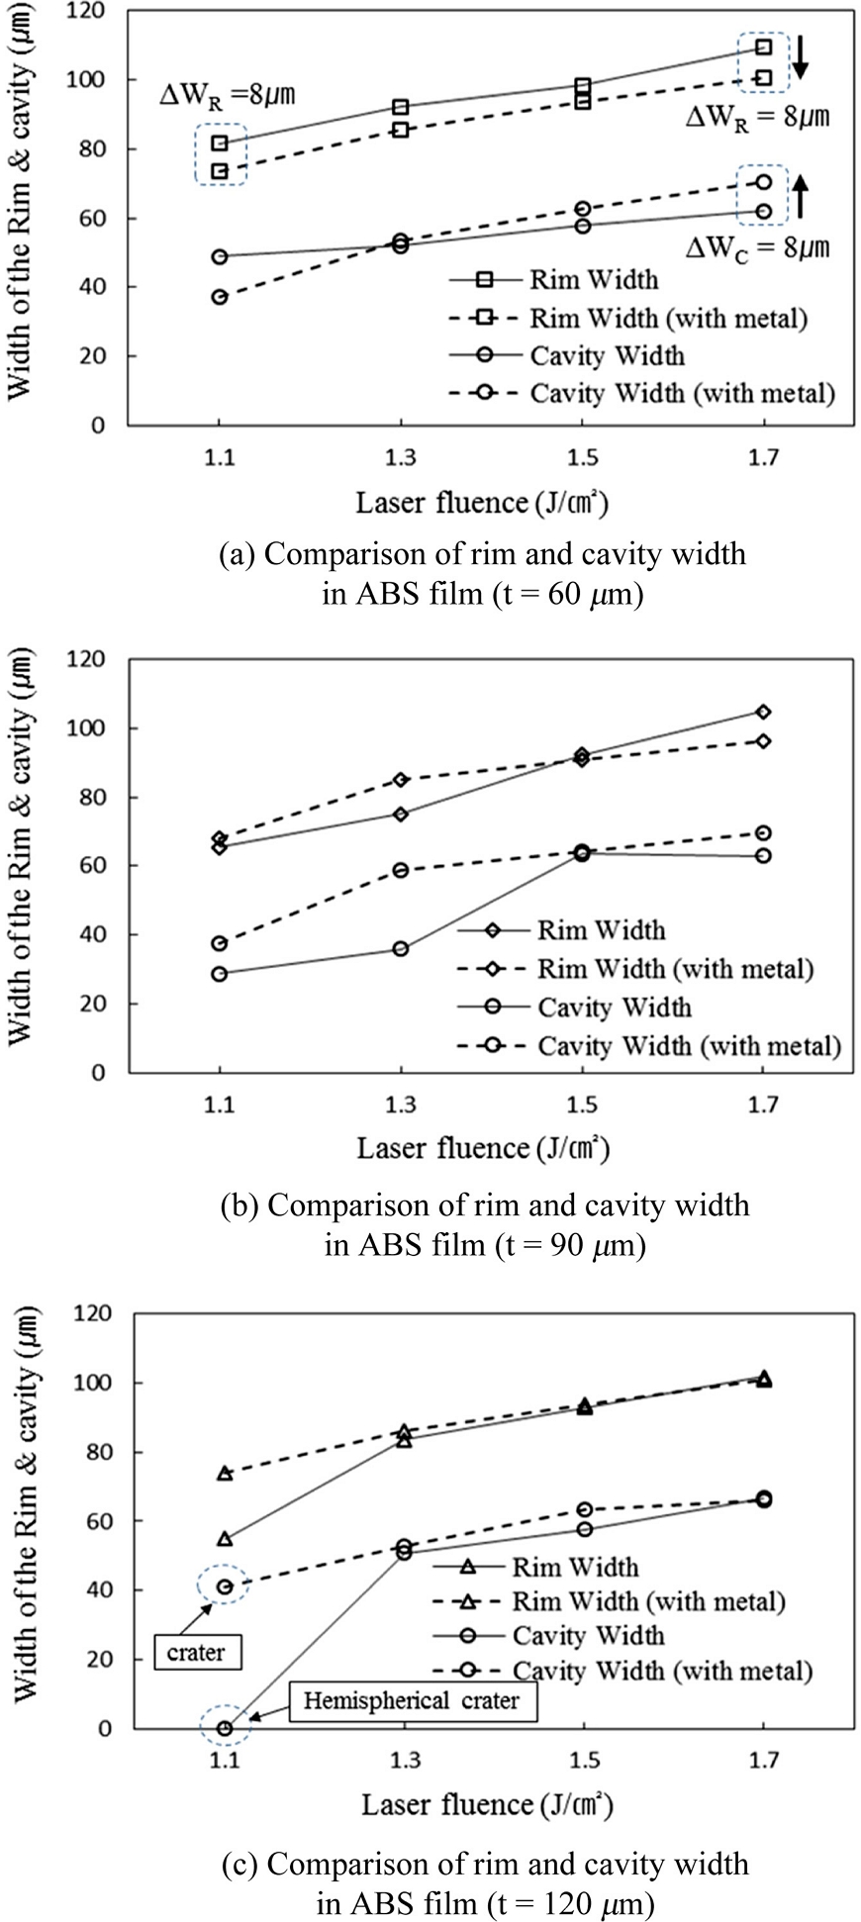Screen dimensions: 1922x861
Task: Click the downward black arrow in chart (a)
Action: point(801,56)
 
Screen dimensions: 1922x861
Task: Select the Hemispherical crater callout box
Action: point(411,1701)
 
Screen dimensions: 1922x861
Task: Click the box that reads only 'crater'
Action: point(196,1652)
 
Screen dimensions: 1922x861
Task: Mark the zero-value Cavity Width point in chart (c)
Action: point(225,1728)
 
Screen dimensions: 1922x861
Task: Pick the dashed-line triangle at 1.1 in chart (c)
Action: point(225,1474)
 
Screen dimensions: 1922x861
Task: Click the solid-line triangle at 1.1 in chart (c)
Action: point(225,1539)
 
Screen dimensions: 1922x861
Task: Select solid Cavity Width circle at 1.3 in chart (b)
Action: point(400,948)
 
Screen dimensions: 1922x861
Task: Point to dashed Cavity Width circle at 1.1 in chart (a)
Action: point(220,297)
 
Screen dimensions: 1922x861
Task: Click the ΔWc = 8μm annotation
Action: point(757,247)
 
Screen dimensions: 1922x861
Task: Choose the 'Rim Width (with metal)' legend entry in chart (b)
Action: point(675,968)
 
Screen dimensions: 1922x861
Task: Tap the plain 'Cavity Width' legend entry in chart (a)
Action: point(607,355)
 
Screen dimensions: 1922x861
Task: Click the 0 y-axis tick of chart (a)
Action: point(98,426)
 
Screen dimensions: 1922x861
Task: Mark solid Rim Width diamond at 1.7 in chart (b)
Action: point(763,712)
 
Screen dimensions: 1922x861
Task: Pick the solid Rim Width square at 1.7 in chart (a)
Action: point(763,48)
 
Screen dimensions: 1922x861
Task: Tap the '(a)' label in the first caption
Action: point(237,553)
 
